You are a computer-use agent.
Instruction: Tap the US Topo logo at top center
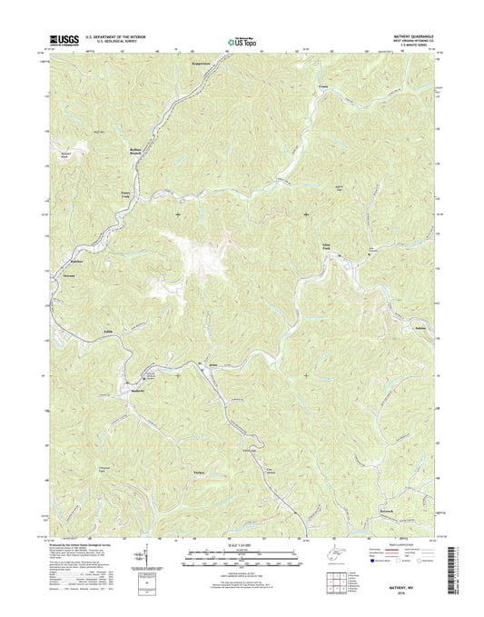(241, 39)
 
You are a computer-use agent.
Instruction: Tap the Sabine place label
(420, 325)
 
